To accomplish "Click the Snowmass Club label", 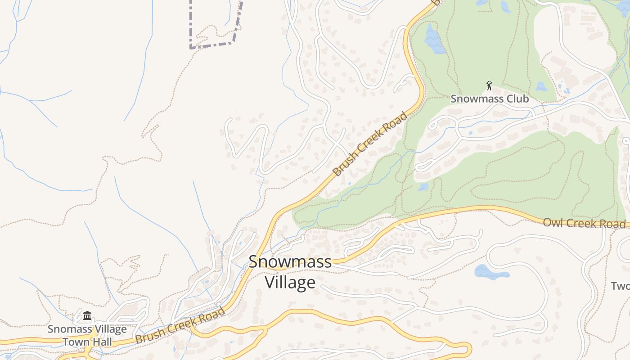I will [x=490, y=99].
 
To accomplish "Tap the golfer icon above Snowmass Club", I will [x=489, y=85].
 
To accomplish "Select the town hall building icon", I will [x=87, y=316].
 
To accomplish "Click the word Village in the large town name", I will [x=290, y=283].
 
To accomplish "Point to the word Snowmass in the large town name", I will [x=290, y=262].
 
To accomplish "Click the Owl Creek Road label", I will [x=584, y=223].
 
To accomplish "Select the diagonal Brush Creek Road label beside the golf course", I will [x=370, y=144].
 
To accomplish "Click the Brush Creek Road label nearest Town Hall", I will [x=180, y=326].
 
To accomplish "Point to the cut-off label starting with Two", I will [x=621, y=286].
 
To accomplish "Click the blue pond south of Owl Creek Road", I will [x=491, y=272].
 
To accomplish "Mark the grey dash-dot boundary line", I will [x=211, y=45].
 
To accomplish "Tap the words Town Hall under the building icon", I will [x=87, y=342].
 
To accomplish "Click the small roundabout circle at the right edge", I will [x=626, y=141].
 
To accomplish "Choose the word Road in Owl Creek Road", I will [x=614, y=224].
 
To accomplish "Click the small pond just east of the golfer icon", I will [x=541, y=86].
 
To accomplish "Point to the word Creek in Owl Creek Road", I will [x=584, y=223].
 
